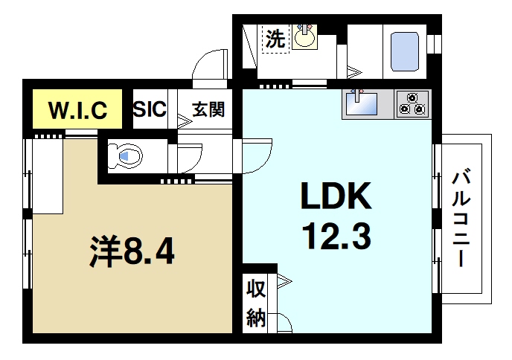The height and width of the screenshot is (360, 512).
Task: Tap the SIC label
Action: click(150, 110)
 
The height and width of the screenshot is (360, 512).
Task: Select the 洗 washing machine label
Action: click(275, 39)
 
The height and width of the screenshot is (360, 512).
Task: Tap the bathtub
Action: click(406, 50)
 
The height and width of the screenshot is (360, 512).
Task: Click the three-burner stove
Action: click(412, 104)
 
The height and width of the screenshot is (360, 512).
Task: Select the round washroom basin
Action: click(303, 36)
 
